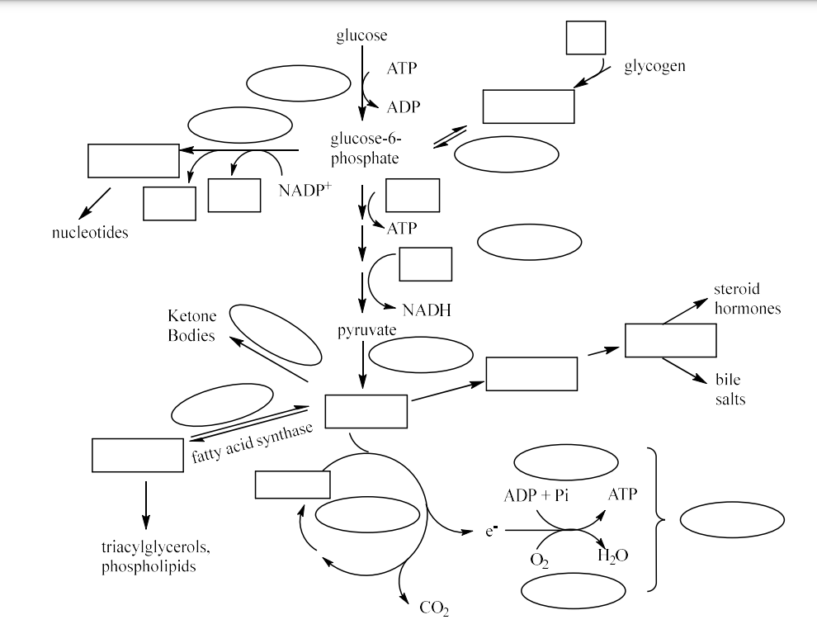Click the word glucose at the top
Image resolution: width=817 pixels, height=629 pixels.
(361, 35)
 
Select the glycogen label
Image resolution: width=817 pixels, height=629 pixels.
(654, 66)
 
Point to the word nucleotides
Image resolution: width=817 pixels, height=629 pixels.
(90, 233)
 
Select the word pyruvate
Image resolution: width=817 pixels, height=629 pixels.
(367, 330)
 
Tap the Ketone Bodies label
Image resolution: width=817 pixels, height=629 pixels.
(191, 326)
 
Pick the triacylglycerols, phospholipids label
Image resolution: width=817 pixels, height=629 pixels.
(150, 557)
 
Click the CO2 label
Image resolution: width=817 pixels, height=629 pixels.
(435, 608)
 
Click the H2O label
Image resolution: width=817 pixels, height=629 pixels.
(612, 556)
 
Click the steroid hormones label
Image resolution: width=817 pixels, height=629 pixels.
(747, 299)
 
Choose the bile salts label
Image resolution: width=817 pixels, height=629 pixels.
(728, 390)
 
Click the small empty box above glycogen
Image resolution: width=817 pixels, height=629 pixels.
(585, 38)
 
